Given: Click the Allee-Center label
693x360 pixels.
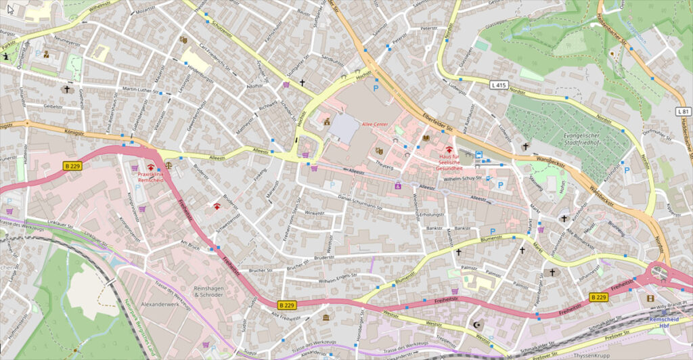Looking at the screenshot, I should point(376,125).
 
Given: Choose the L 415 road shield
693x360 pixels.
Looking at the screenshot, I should point(499,85).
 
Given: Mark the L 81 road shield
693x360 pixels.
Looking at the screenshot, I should point(683,111).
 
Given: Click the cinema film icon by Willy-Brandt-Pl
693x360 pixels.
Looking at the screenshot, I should point(650,298).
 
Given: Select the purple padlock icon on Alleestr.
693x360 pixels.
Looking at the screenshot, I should point(398,185).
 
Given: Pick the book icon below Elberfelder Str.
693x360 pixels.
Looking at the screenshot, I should point(426,138).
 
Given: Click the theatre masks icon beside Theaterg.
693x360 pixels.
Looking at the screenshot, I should point(379,150).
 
